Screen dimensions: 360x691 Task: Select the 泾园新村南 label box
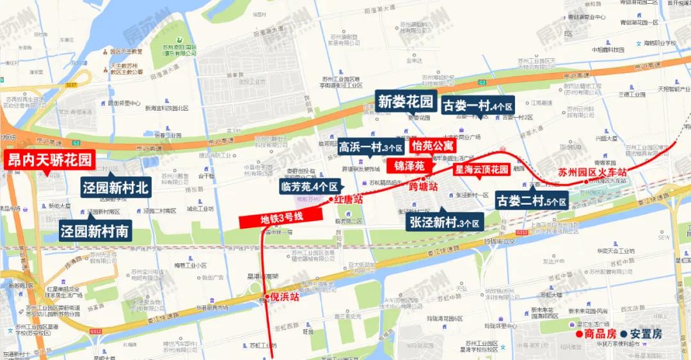click(x=96, y=231)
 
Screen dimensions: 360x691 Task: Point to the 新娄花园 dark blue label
click(x=406, y=101)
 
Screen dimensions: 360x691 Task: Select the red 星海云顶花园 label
click(x=481, y=169)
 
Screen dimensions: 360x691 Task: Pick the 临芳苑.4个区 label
click(x=308, y=187)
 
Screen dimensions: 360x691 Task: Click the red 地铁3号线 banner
click(x=282, y=217)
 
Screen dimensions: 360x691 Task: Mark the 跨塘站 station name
click(x=423, y=187)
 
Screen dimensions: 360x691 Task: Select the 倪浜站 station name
click(x=284, y=297)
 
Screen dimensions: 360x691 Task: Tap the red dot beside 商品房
click(x=578, y=334)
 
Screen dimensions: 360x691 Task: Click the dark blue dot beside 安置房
click(x=623, y=334)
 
